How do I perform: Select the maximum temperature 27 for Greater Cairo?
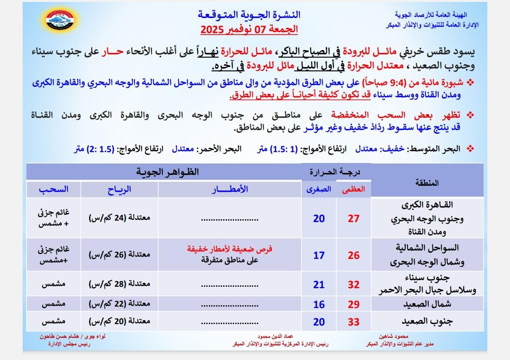[353, 218]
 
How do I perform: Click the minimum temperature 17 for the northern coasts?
[319, 255]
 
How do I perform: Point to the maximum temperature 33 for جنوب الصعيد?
[353, 322]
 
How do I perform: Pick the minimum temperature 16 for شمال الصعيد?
[319, 305]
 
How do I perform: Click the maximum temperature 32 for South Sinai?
[353, 285]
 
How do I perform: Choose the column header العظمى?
[354, 189]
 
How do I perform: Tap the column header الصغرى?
[319, 189]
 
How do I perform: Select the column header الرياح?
[119, 189]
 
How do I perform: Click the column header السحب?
[53, 189]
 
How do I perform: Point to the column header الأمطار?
[230, 189]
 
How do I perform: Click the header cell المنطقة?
[428, 183]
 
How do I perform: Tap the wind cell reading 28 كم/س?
[119, 285]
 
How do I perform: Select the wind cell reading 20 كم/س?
[119, 322]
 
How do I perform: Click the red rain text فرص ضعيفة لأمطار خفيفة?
[230, 249]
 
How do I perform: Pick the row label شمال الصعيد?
[428, 305]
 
